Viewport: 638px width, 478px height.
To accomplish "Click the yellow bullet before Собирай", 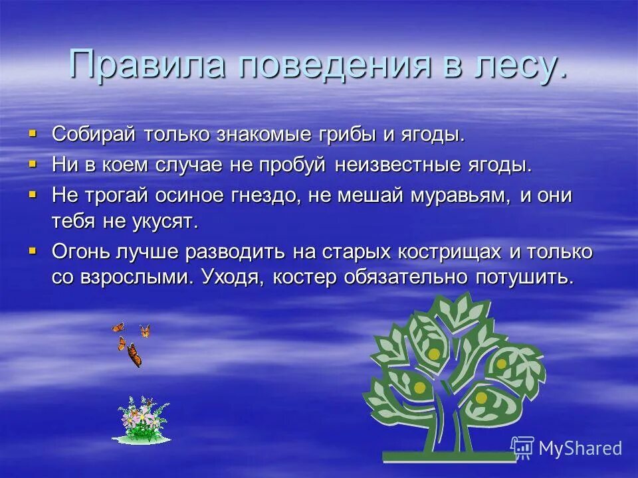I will coord(33,133).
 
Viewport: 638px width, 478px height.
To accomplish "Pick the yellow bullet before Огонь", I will coord(33,251).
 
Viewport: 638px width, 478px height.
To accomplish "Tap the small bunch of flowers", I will coord(142,420).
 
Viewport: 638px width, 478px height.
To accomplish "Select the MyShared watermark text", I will coord(580,448).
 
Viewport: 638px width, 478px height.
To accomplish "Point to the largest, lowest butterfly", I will coord(134,355).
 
